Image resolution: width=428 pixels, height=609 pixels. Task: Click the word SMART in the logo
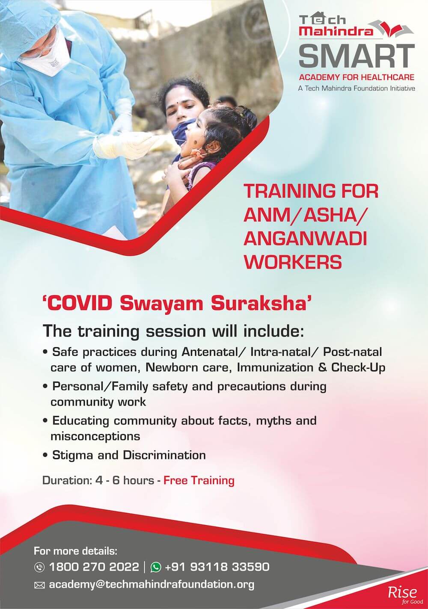coord(357,56)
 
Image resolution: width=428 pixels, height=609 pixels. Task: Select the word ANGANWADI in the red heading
coord(305,239)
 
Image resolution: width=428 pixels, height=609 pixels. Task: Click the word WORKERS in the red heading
coord(293,262)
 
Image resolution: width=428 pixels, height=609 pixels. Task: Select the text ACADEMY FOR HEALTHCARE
coord(357,77)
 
